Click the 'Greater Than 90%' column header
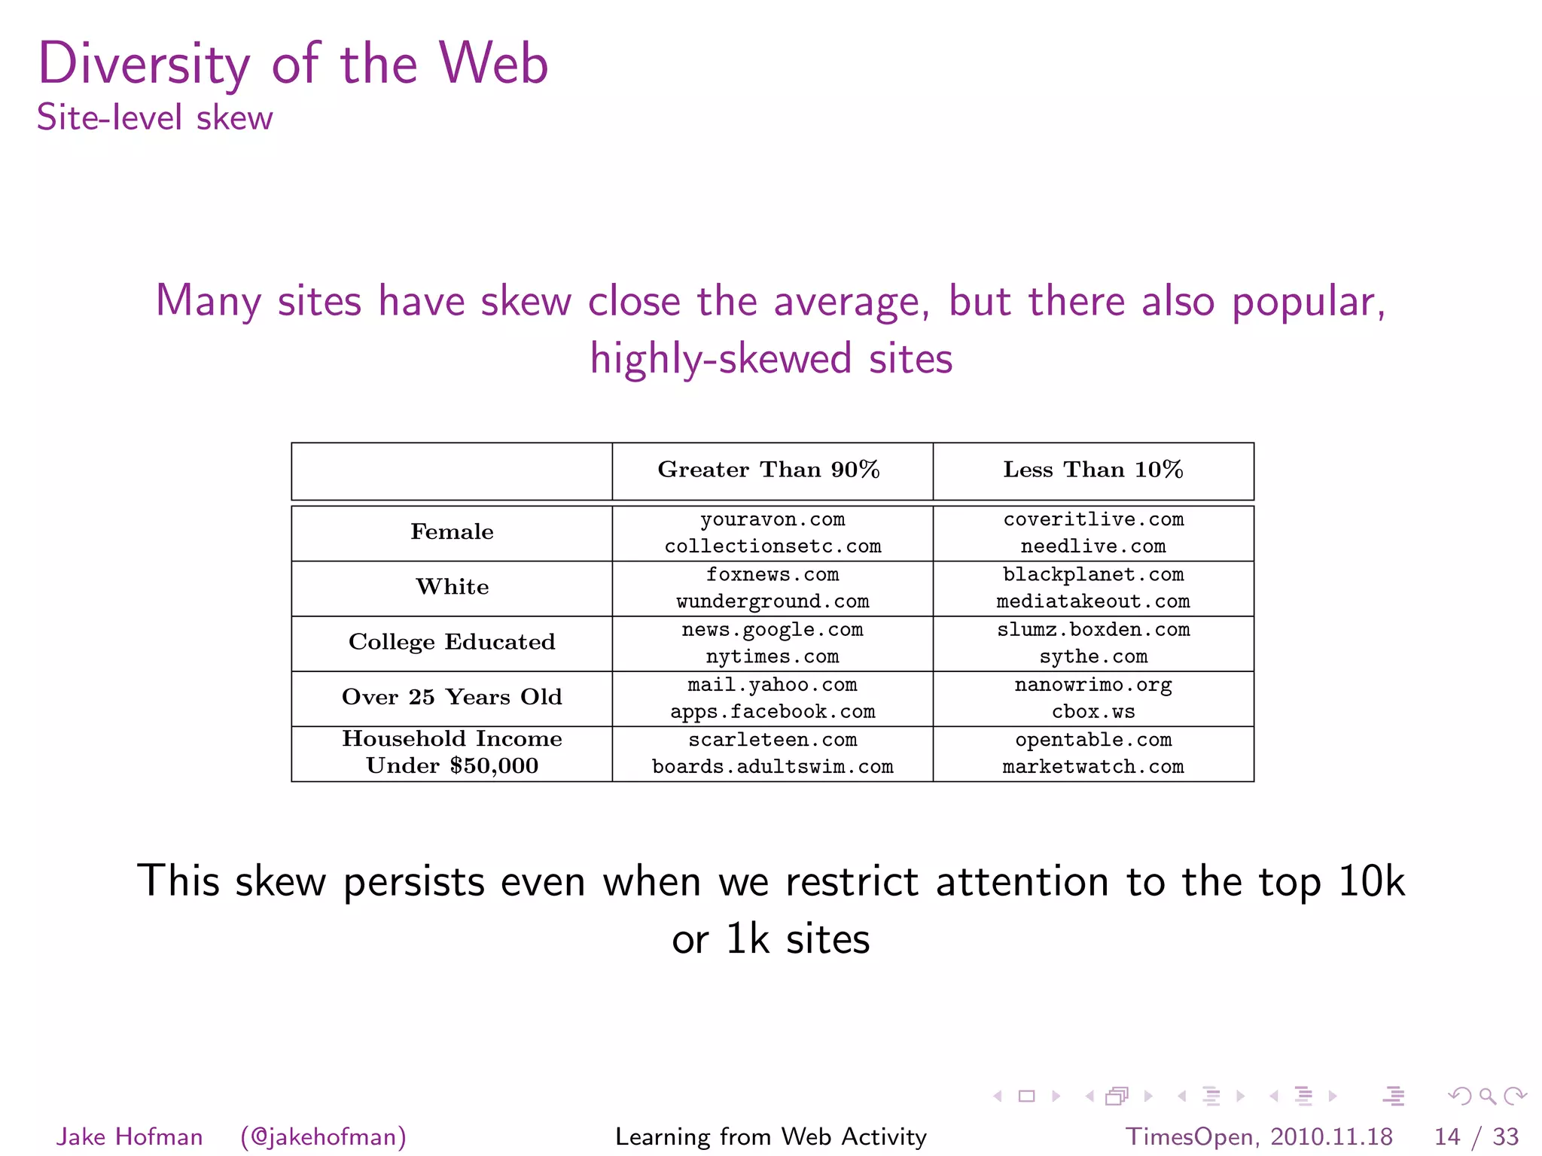(x=769, y=470)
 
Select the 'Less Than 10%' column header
(x=1093, y=470)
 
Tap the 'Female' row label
(x=452, y=532)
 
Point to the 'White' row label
(x=452, y=587)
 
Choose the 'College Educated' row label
(x=452, y=642)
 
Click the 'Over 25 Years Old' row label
(x=452, y=697)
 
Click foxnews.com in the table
(x=772, y=575)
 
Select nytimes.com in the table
(x=772, y=657)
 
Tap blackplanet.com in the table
(x=1093, y=575)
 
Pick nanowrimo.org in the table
(x=1093, y=685)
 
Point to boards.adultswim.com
(x=772, y=767)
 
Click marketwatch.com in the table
(x=1093, y=767)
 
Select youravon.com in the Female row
(x=772, y=520)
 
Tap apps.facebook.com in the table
(x=772, y=712)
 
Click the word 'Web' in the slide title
(x=494, y=63)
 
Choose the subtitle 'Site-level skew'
(x=154, y=118)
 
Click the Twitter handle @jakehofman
(x=323, y=1136)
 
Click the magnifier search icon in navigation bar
(x=1487, y=1097)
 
